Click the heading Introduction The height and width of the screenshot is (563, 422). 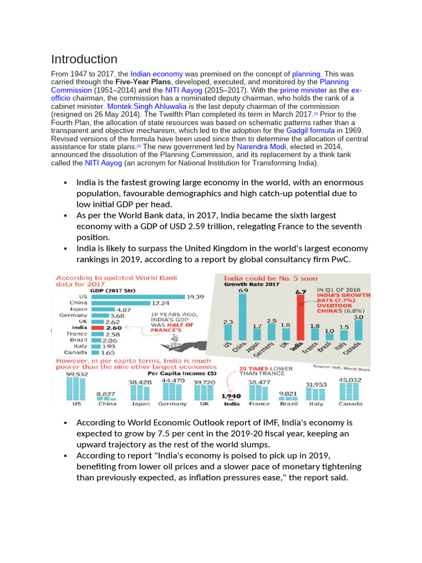point(84,59)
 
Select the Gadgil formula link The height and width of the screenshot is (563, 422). point(310,131)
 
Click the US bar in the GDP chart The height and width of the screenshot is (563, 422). point(138,296)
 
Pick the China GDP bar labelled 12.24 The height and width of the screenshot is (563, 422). point(120,303)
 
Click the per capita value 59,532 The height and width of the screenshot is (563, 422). point(76,374)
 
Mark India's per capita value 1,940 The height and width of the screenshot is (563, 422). point(231,395)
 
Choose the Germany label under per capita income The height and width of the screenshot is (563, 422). point(173,404)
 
